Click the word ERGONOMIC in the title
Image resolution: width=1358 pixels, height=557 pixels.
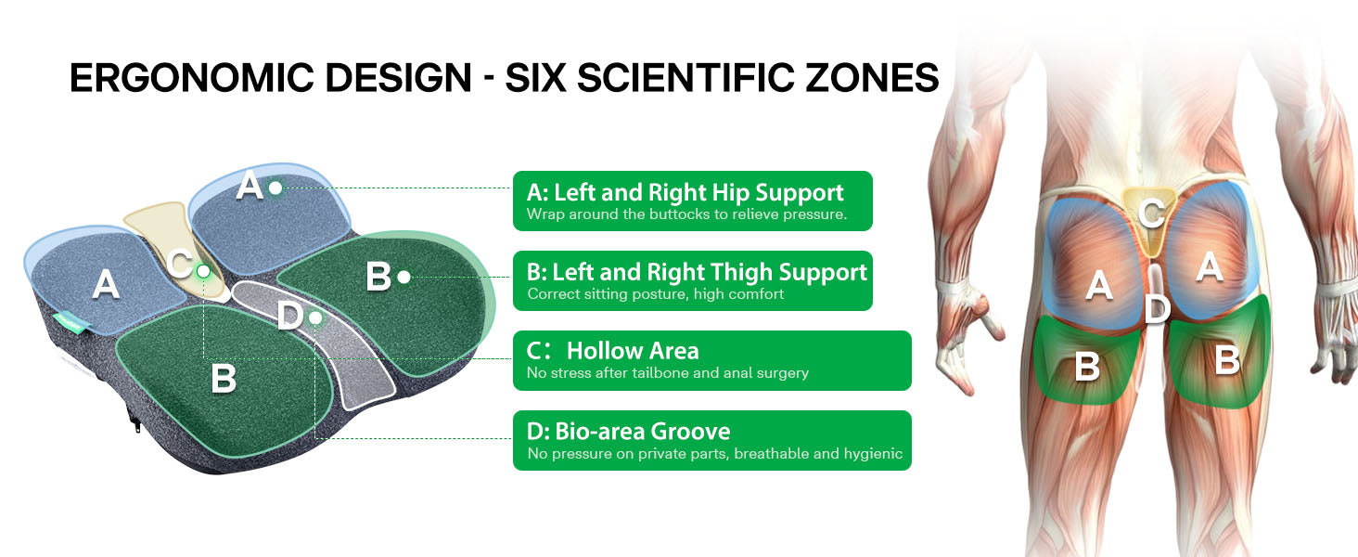(270, 78)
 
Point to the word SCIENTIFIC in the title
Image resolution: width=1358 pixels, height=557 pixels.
(685, 78)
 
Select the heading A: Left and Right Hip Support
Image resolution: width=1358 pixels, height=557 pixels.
(685, 192)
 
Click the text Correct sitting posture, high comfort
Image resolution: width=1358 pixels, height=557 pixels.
(656, 294)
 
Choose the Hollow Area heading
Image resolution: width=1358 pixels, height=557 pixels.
(633, 351)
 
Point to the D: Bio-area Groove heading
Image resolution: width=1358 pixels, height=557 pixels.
(628, 432)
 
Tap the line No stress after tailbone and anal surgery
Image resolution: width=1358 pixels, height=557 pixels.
(668, 372)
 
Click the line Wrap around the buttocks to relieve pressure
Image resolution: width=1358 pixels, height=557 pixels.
(686, 214)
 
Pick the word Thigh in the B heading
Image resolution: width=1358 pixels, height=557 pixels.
(740, 272)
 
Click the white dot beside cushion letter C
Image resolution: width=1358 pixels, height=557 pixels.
(204, 271)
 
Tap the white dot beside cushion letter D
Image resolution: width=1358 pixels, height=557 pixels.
(315, 317)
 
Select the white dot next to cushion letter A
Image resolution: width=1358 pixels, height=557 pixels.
(275, 188)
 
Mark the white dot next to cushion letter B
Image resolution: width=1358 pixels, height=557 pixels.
(404, 278)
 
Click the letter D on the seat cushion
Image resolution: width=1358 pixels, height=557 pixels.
(290, 317)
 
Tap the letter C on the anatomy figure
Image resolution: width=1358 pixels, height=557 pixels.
(1151, 213)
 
